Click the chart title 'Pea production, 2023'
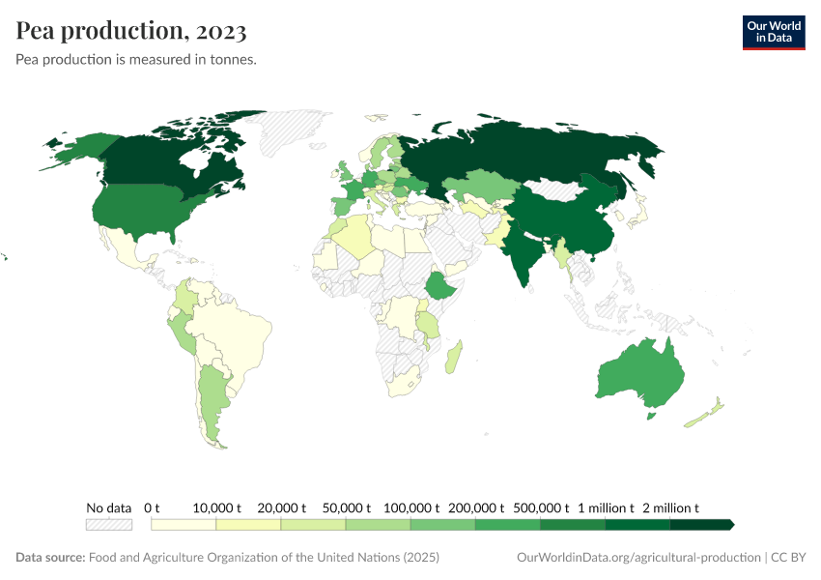click(x=131, y=31)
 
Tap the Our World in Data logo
click(x=773, y=32)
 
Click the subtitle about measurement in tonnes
click(x=135, y=60)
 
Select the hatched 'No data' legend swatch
click(x=109, y=524)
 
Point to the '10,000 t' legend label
click(x=215, y=507)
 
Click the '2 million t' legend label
click(x=669, y=507)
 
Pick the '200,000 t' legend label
click(x=475, y=507)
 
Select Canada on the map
click(x=164, y=159)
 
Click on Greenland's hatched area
click(x=299, y=130)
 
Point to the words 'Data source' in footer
click(x=49, y=558)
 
